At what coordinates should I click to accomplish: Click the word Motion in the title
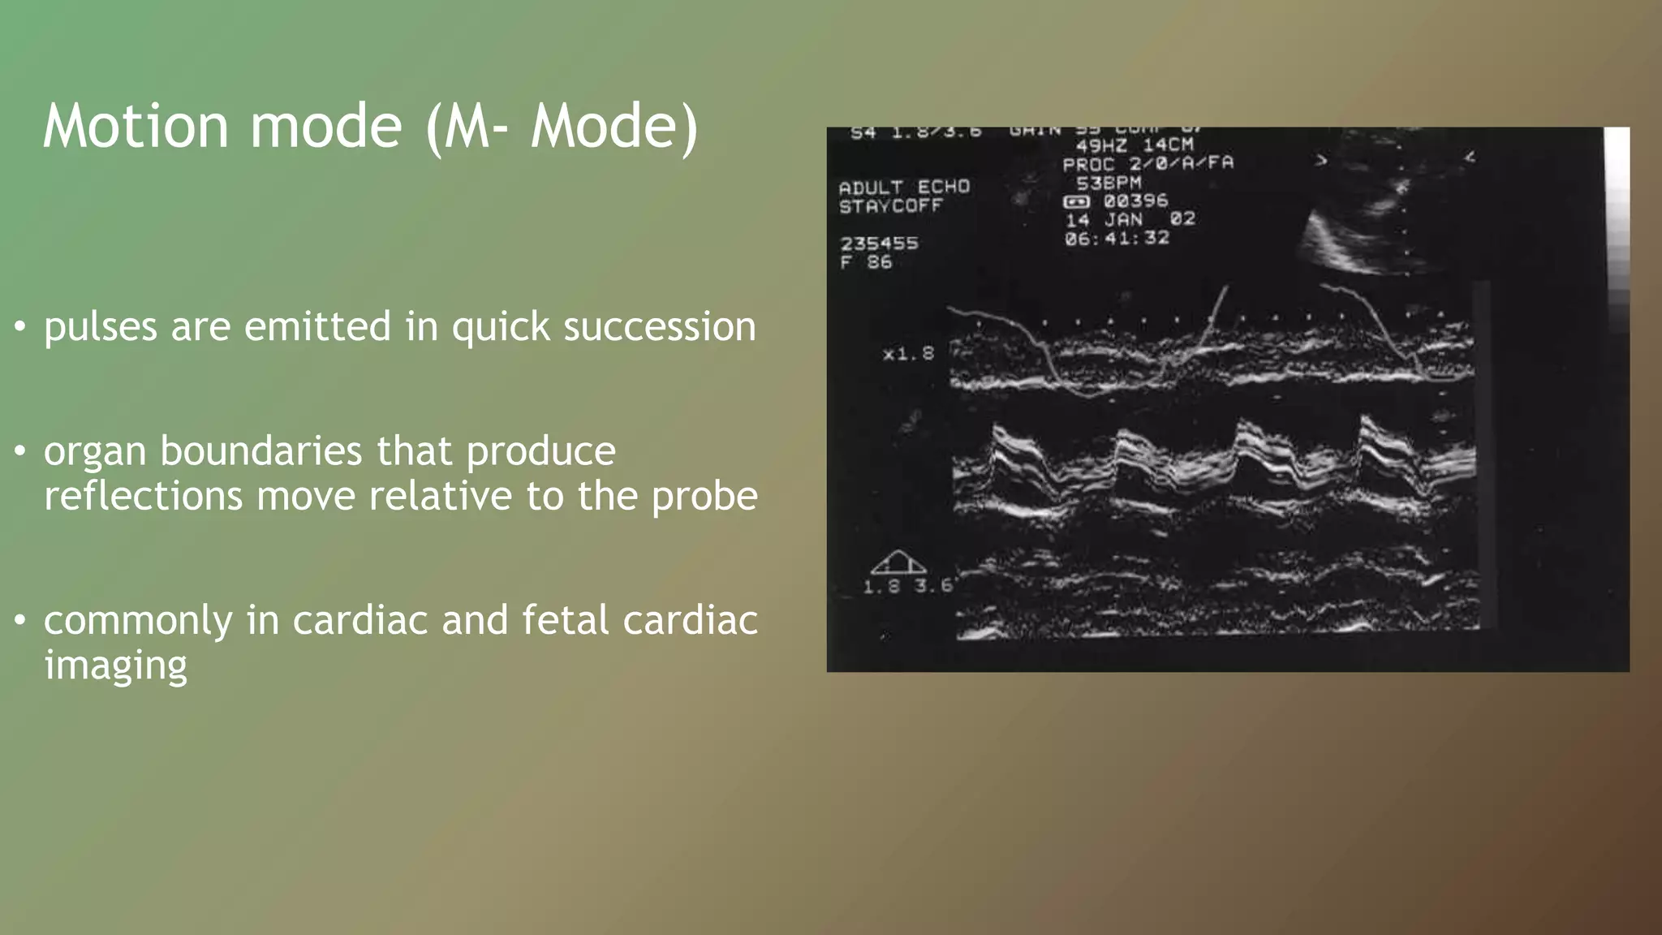click(136, 126)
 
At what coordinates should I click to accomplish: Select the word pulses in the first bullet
click(100, 327)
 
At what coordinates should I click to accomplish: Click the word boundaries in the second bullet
click(260, 451)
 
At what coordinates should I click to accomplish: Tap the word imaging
click(115, 666)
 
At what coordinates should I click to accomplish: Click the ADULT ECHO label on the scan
click(904, 187)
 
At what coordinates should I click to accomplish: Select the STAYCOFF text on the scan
click(890, 206)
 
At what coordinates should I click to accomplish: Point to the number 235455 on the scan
click(879, 243)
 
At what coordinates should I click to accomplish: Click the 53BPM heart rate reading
click(1109, 183)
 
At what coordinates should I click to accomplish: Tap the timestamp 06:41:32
click(1117, 238)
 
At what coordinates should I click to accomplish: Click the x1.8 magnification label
click(908, 354)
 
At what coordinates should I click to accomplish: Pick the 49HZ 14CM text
click(1135, 145)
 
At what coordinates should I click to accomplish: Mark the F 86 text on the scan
click(866, 262)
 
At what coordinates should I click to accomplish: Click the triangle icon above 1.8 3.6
click(898, 562)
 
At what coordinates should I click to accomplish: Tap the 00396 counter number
click(1135, 200)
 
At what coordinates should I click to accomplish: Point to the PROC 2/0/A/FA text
click(1147, 163)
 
